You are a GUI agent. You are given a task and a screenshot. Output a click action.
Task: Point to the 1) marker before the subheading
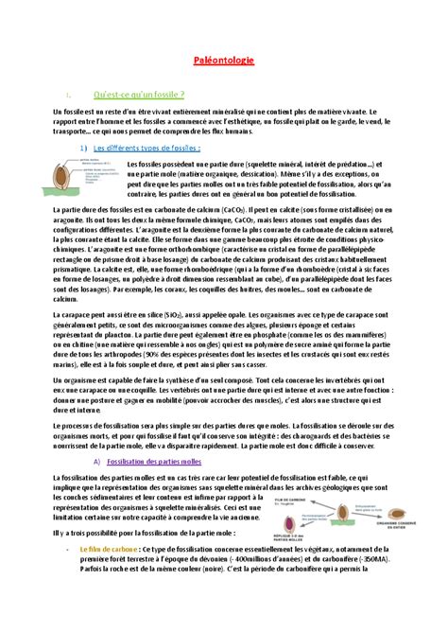(x=84, y=147)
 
